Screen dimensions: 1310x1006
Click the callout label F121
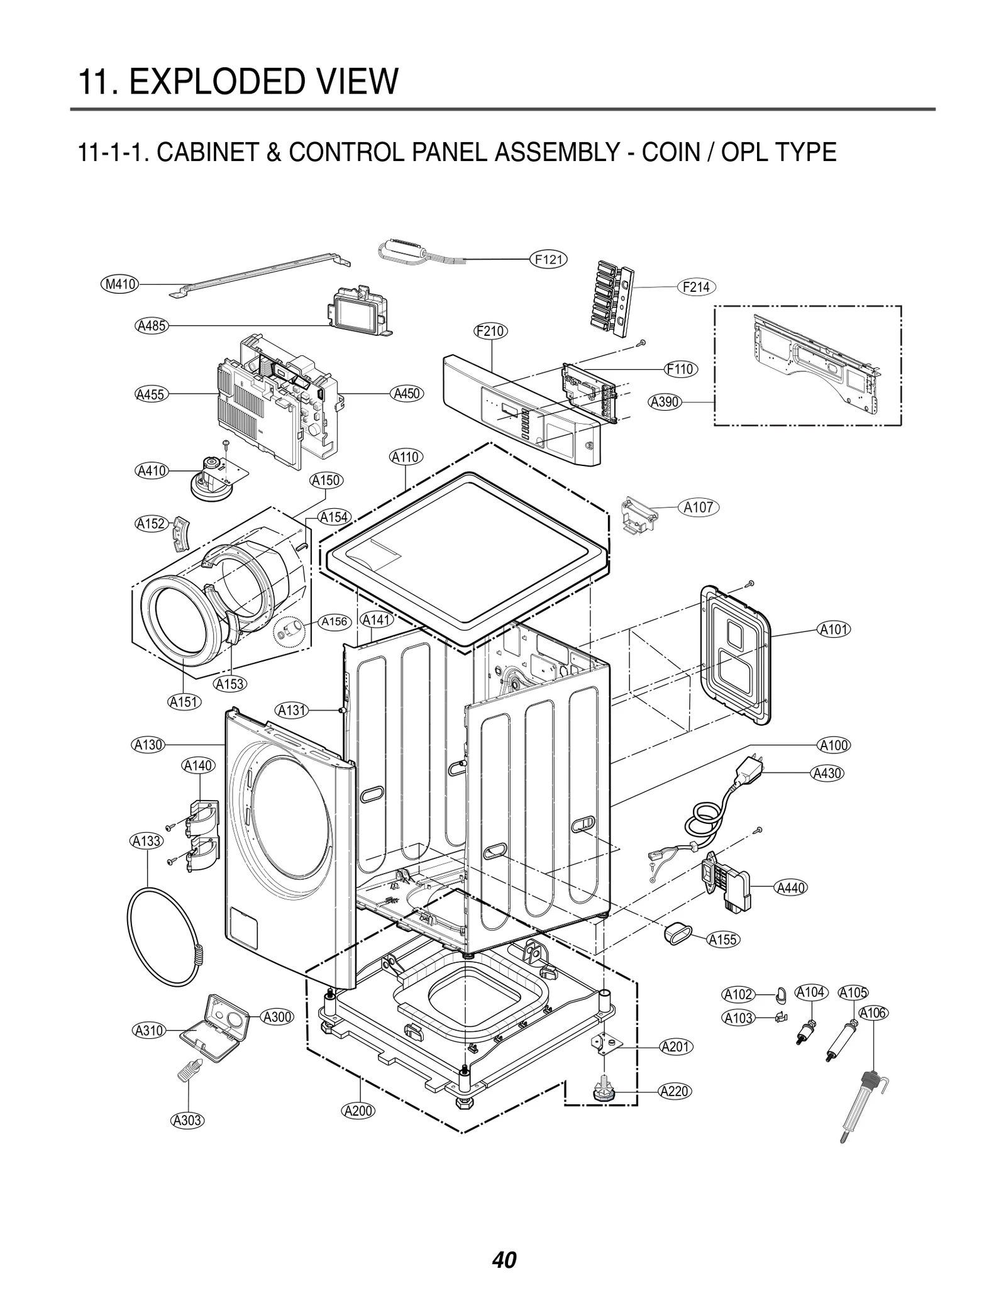point(548,259)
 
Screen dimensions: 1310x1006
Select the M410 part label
point(120,284)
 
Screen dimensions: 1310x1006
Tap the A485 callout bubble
point(152,326)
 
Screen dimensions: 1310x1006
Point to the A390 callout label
point(665,402)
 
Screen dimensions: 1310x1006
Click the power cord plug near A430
point(751,770)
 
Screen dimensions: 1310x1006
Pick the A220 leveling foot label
point(675,1092)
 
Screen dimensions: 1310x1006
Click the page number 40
point(504,1243)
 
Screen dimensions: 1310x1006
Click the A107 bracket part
point(639,515)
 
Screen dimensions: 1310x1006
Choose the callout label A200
point(358,1111)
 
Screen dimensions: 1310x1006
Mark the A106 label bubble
point(873,1013)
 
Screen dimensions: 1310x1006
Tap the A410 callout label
point(152,470)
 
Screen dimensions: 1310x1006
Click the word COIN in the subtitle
point(668,152)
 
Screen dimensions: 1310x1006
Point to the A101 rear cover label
point(834,629)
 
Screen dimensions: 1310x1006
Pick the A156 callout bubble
point(334,622)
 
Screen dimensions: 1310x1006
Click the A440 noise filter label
point(790,888)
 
